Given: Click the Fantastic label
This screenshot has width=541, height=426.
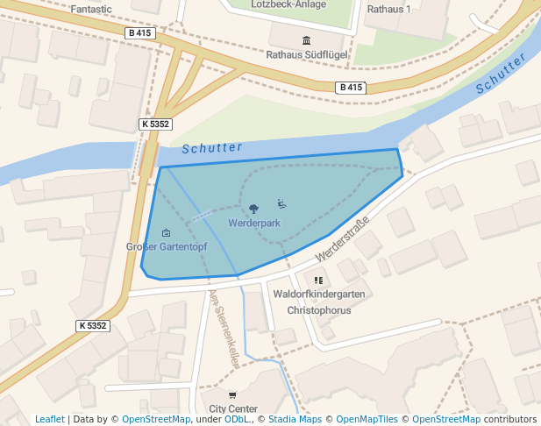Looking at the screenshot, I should (91, 8).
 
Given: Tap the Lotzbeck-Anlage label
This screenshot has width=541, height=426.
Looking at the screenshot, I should (288, 4).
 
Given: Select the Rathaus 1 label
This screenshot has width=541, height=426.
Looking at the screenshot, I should (388, 9).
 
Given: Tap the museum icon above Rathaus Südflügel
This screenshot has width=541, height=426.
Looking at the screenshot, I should (306, 40).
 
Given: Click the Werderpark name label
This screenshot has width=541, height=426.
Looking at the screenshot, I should (253, 224).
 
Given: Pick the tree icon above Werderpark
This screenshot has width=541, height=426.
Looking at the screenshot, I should (253, 209).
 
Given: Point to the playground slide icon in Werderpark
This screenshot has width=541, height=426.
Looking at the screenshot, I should (281, 204).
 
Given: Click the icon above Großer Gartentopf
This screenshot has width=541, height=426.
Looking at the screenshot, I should (167, 232).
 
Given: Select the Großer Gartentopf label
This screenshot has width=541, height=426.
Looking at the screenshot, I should (167, 246).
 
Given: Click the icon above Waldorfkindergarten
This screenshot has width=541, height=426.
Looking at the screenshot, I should (318, 280).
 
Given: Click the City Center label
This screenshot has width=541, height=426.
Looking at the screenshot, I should (232, 408).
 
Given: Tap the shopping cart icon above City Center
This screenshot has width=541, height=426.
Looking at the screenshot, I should (232, 395).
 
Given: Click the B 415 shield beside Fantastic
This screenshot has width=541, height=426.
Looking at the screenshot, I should (141, 33).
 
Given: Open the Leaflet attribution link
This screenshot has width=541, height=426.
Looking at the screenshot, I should (49, 419).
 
